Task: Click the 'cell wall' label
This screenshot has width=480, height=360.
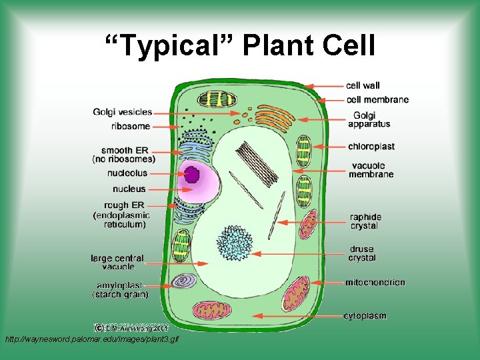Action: [x=363, y=85]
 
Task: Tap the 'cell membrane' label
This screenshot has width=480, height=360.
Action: [x=377, y=99]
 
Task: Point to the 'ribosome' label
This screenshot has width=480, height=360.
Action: [x=131, y=126]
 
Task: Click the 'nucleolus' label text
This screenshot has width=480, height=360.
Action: [x=127, y=173]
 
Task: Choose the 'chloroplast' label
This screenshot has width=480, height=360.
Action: [x=371, y=146]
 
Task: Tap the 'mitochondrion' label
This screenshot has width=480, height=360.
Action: [x=375, y=282]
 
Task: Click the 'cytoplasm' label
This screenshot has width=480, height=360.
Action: [x=365, y=315]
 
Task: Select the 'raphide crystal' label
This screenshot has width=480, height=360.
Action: [x=365, y=221]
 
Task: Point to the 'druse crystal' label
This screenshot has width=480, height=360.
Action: [x=362, y=253]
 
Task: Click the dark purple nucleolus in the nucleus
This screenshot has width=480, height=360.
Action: [x=192, y=175]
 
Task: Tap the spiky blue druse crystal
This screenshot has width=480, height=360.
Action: [x=234, y=243]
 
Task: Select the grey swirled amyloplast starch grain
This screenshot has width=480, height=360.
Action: [x=182, y=283]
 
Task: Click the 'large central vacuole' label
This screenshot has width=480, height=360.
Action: [x=117, y=262]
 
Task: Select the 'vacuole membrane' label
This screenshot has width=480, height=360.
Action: [x=371, y=169]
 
